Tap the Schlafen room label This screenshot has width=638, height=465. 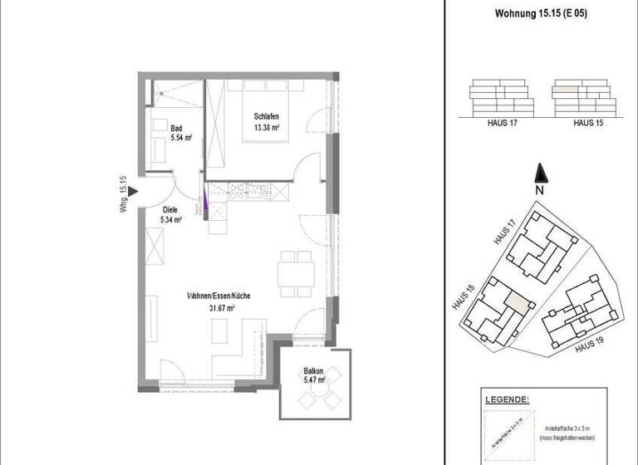266,117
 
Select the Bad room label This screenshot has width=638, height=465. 176,129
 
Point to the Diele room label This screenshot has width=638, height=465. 171,211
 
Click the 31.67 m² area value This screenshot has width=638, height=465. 219,307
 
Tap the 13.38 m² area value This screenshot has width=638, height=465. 266,128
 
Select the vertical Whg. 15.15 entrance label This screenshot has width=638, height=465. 122,196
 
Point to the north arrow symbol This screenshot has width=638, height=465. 540,174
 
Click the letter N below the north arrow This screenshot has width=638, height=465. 540,190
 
